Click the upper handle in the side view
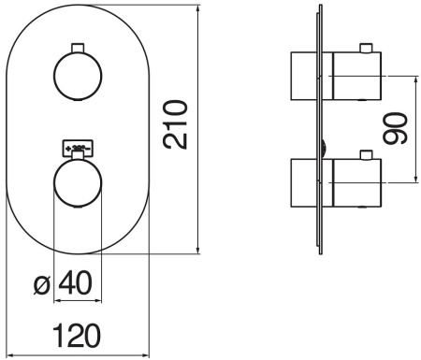(339, 76)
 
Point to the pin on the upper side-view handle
(368, 47)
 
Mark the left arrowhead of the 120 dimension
(7, 353)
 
